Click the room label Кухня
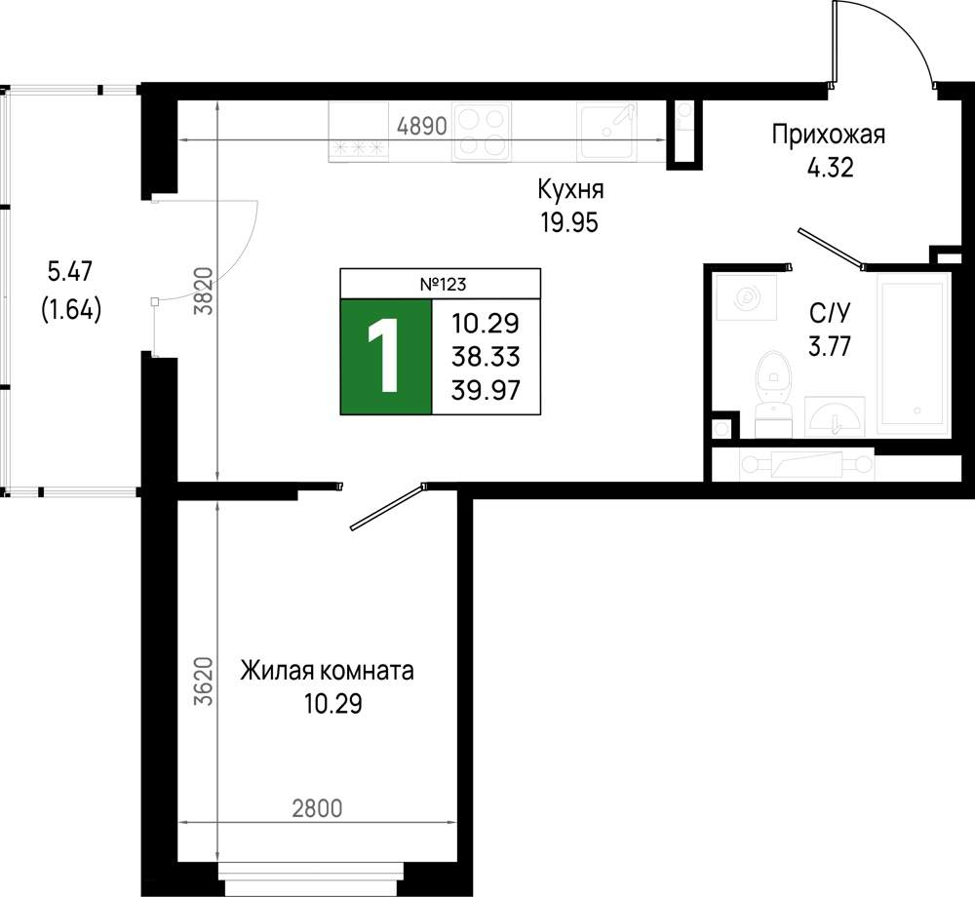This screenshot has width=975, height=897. click(x=570, y=189)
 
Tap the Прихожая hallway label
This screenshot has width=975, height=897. click(x=828, y=135)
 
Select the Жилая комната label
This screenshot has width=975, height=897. click(x=327, y=672)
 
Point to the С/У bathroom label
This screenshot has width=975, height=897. click(x=830, y=313)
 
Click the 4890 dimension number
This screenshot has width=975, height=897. click(x=422, y=126)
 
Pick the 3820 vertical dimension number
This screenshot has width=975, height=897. click(x=204, y=291)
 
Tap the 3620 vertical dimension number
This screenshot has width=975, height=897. click(x=204, y=681)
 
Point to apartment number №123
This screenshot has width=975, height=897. click(x=443, y=285)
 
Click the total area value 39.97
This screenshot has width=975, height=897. click(x=486, y=390)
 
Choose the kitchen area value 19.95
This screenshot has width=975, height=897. click(x=569, y=222)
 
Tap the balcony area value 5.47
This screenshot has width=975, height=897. click(x=69, y=271)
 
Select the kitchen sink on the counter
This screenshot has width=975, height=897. click(x=605, y=132)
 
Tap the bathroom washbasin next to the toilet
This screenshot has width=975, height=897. click(x=835, y=416)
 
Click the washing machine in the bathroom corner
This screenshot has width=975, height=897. click(x=746, y=297)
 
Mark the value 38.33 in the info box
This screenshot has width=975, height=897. click(x=486, y=357)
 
